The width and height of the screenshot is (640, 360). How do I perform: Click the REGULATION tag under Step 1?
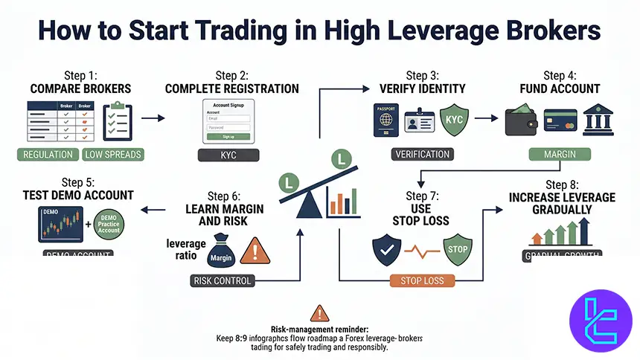tap(49, 155)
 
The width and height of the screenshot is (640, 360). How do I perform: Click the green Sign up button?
tap(228, 137)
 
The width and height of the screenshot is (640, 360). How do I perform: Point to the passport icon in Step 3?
tap(385, 120)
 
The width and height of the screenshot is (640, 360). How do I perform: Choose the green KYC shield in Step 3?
tap(453, 119)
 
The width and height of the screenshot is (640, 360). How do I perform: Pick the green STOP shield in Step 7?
tap(457, 249)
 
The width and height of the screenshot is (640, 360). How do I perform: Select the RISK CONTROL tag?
tap(221, 281)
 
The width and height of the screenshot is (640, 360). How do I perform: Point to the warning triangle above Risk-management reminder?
tap(319, 314)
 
